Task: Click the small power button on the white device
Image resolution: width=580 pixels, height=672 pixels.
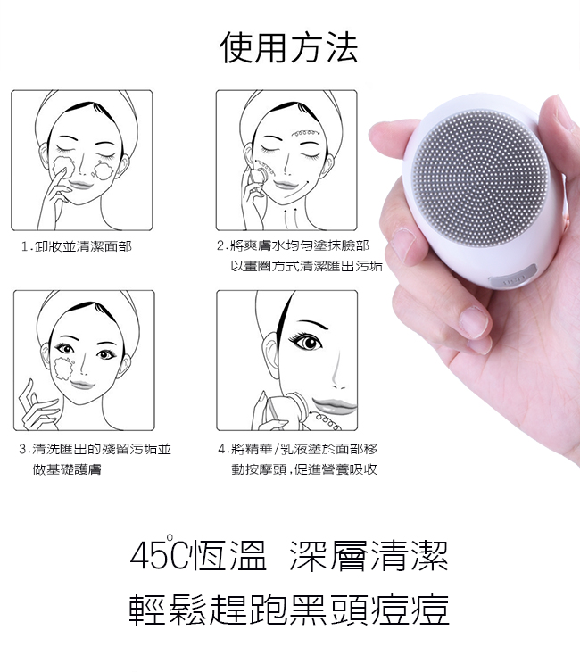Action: pyautogui.click(x=517, y=279)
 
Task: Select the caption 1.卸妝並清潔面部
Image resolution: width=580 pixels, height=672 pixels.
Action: pyautogui.click(x=76, y=246)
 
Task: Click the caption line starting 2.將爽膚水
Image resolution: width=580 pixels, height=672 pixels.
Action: pyautogui.click(x=293, y=245)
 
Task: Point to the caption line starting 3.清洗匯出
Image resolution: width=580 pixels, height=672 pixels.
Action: pyautogui.click(x=95, y=449)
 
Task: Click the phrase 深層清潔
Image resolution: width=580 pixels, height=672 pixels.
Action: pyautogui.click(x=369, y=556)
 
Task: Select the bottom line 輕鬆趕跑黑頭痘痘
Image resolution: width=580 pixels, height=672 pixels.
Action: pyautogui.click(x=289, y=609)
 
